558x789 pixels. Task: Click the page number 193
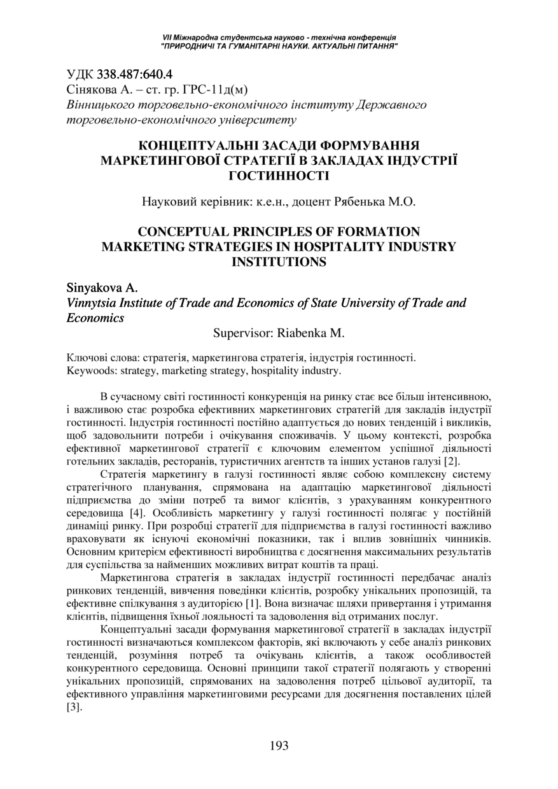pos(279,745)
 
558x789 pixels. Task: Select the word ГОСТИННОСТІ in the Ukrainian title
pos(279,175)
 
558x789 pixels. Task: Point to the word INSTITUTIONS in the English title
pos(279,261)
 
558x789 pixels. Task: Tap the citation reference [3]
pos(74,707)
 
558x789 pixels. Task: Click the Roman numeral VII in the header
pos(168,38)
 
